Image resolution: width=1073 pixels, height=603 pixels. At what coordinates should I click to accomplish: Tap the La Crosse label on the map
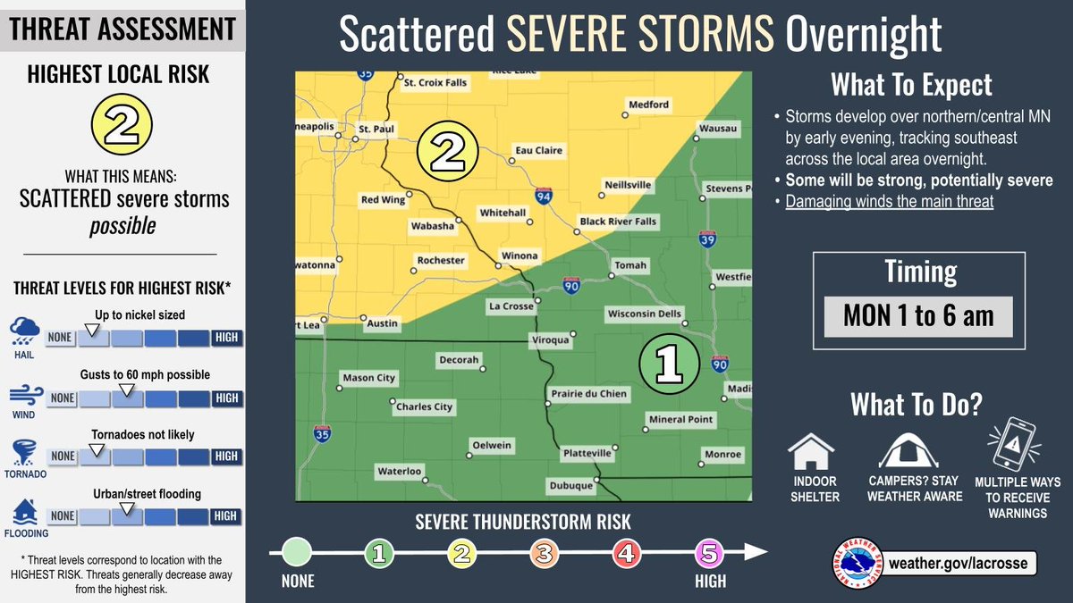(x=511, y=306)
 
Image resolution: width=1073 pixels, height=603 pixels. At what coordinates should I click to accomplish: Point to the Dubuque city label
(x=571, y=486)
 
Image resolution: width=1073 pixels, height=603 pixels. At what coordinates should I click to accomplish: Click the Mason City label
(x=369, y=378)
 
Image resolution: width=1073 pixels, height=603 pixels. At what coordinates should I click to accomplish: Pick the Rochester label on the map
(x=441, y=261)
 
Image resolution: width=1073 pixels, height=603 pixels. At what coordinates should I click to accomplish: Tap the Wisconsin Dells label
(x=644, y=314)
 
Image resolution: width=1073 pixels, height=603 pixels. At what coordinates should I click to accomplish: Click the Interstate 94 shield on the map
(x=543, y=194)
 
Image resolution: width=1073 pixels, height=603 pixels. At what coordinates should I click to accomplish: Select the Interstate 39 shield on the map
(x=705, y=239)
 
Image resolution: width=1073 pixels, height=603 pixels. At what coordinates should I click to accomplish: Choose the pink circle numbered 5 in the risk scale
(x=708, y=554)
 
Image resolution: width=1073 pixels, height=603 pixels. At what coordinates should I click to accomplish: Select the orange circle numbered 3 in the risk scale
(x=544, y=554)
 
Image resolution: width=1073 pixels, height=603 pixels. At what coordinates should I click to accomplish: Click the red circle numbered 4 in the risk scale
(x=626, y=554)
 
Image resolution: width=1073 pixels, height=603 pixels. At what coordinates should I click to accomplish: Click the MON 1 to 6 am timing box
(x=917, y=315)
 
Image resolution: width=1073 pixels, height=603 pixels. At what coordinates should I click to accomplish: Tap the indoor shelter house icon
(x=812, y=452)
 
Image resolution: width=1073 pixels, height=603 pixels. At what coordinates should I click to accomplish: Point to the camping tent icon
(x=908, y=449)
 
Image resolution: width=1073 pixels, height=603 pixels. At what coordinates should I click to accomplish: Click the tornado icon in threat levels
(x=21, y=451)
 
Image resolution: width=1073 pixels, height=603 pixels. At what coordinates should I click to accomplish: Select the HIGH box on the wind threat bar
(x=225, y=398)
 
